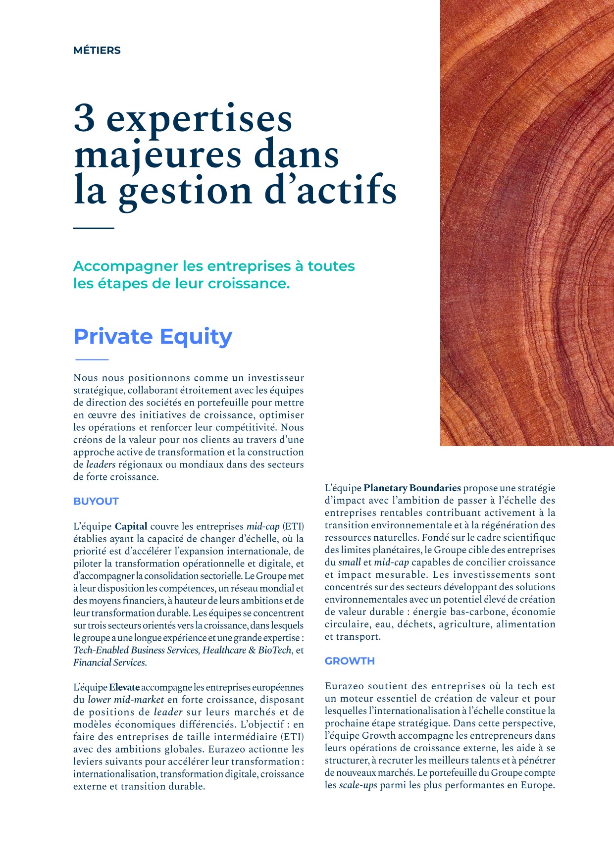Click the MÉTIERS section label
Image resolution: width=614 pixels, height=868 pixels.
click(97, 51)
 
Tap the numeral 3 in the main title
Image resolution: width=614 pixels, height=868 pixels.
click(84, 118)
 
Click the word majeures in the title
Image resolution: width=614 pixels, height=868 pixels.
click(157, 155)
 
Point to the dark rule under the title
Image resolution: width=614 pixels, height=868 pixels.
click(94, 228)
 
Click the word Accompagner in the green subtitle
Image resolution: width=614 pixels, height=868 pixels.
click(125, 266)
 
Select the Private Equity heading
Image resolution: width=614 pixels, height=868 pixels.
click(153, 337)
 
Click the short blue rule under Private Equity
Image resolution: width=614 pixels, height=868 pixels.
click(92, 359)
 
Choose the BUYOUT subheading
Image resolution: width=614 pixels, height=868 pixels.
click(96, 501)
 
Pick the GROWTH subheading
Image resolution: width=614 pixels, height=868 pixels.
click(350, 661)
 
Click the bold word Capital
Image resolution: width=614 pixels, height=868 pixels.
click(131, 526)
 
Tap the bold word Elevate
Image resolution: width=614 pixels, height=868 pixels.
click(124, 687)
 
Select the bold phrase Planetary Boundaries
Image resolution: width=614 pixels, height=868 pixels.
click(412, 488)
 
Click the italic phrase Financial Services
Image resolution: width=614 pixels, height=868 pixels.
click(109, 663)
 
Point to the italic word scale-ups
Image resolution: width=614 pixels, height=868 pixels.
click(358, 785)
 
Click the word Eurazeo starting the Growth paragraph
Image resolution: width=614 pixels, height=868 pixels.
click(347, 686)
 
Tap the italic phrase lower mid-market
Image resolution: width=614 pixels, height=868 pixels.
click(126, 700)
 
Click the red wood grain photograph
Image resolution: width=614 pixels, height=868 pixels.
click(527, 223)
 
